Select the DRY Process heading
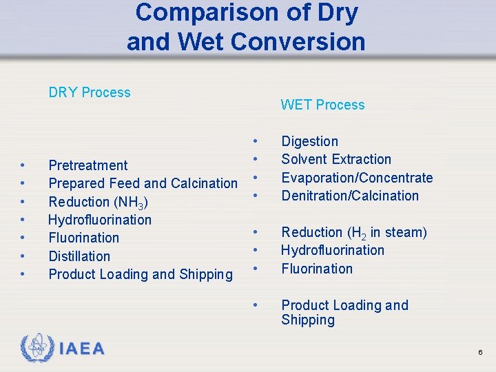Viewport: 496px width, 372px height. point(89,92)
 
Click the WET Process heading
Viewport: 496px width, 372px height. point(322,105)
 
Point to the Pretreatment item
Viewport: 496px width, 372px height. point(87,165)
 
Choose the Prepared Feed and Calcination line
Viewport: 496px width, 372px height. point(143,183)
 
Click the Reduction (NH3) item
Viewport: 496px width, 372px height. point(98,202)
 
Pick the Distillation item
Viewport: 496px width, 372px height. point(79,256)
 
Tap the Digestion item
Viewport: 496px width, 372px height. point(309,141)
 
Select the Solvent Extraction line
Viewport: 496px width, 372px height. point(335,159)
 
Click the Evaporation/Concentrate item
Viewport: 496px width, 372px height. point(357,178)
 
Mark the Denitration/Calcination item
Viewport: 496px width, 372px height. point(349,196)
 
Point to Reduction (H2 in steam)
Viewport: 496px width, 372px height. point(353,232)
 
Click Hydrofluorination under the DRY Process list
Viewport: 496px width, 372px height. point(99,220)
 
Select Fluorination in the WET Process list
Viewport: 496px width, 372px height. point(316,269)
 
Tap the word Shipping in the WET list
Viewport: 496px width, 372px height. point(307,320)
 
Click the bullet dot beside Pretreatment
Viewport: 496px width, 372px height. point(23,165)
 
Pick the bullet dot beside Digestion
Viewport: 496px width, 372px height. point(256,141)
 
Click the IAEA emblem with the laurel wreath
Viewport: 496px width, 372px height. point(35,348)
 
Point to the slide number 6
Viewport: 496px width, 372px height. point(480,352)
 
